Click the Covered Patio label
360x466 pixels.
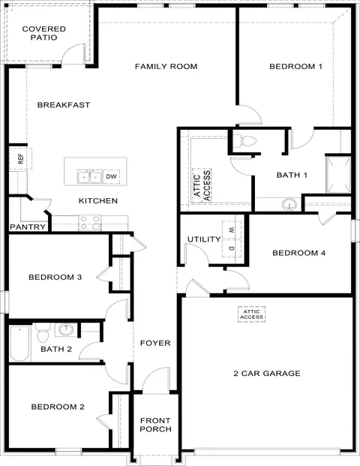tap(43, 34)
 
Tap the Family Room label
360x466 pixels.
tap(166, 67)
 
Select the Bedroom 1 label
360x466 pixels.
tap(296, 67)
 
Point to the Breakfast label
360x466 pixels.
tap(64, 105)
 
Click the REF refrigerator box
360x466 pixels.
tap(21, 159)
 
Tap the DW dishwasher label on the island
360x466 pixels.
tap(111, 177)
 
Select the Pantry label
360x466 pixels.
tap(28, 227)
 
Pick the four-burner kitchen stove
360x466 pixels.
tap(90, 221)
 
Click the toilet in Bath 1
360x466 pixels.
tap(245, 140)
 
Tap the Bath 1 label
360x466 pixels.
tap(292, 175)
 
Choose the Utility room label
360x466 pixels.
tap(204, 240)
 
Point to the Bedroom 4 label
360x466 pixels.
tap(298, 254)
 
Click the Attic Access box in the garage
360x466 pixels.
tap(252, 314)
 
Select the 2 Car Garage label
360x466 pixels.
tap(266, 373)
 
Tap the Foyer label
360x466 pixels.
tap(156, 344)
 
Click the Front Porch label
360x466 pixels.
tap(156, 425)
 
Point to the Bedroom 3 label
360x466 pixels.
tap(55, 278)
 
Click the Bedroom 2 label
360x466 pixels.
tap(58, 407)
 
